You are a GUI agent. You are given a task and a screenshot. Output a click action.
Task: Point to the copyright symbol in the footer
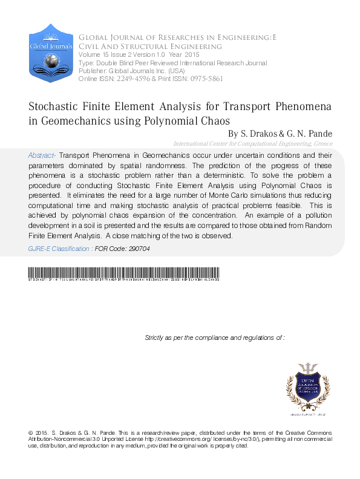(x=31, y=433)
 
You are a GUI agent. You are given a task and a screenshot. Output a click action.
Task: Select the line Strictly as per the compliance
(x=215, y=337)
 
